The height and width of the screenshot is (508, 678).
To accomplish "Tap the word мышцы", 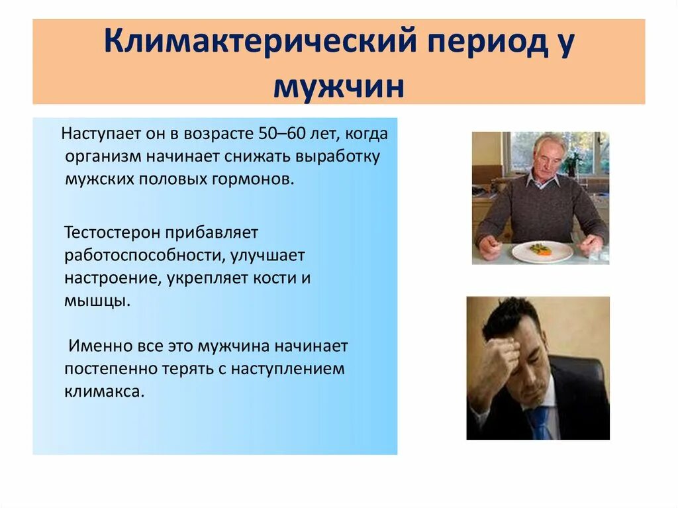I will (93, 300).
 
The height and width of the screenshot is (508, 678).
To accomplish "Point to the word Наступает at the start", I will (99, 134).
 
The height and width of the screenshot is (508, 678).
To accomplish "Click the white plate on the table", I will (542, 251).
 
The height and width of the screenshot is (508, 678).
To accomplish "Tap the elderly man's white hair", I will (550, 142).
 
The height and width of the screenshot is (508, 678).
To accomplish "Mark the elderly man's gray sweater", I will (540, 209).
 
